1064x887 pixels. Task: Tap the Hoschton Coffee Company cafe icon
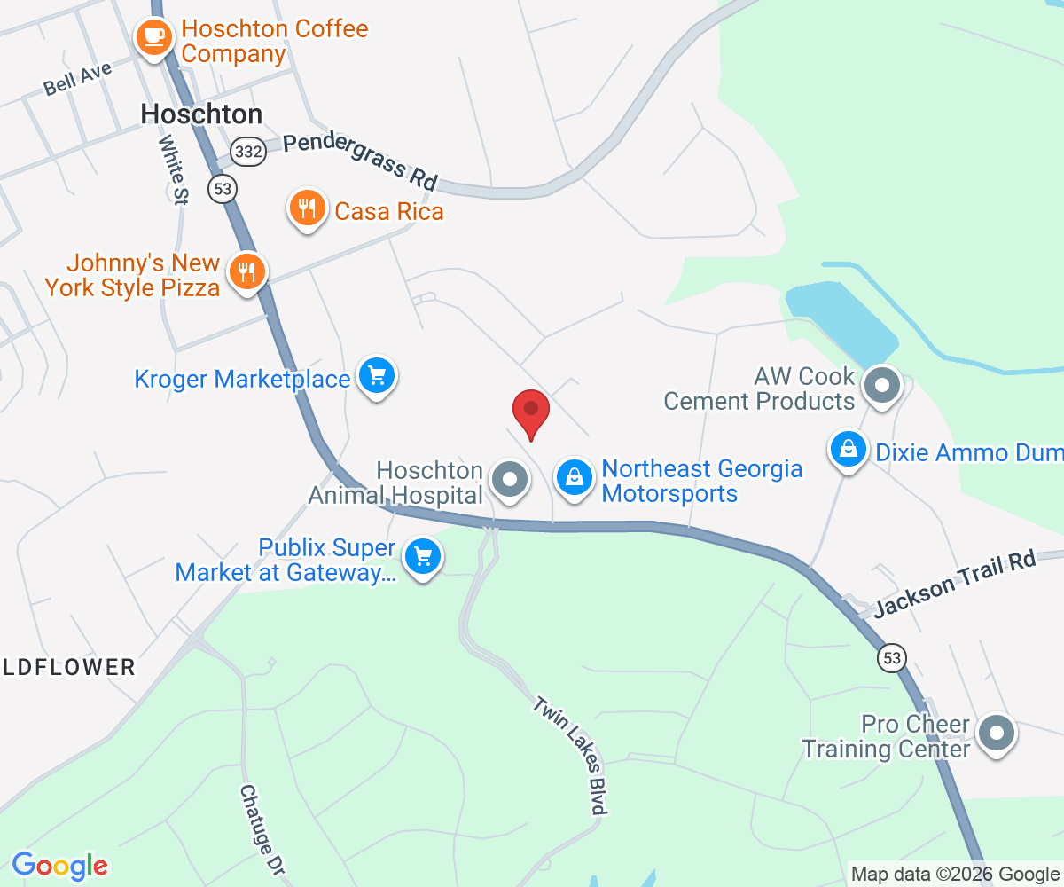point(154,37)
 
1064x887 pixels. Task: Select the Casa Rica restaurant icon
point(307,209)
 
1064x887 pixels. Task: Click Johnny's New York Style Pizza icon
point(246,272)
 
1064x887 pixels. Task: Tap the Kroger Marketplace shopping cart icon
point(377,377)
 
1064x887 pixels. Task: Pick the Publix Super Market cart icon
point(423,558)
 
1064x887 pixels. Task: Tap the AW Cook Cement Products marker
point(881,387)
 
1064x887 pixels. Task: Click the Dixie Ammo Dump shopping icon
point(849,450)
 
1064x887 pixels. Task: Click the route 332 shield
point(248,152)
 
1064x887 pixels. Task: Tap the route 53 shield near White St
point(223,187)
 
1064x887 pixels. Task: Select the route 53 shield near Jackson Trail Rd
point(892,658)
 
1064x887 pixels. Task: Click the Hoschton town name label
point(202,114)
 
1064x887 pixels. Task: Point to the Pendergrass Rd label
point(362,160)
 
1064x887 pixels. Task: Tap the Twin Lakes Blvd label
point(570,755)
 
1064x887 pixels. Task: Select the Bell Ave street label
point(78,79)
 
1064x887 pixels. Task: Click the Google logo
point(60,866)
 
